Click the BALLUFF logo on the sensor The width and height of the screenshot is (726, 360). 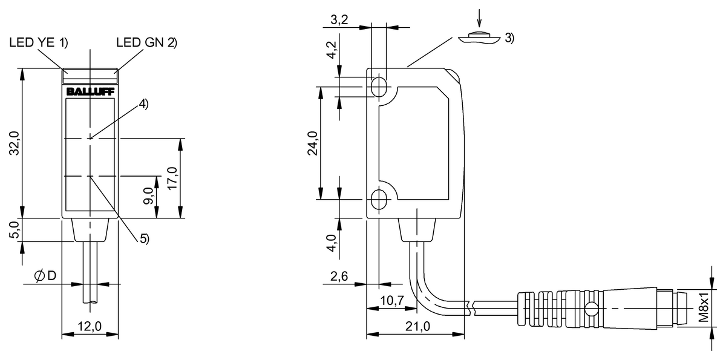pyautogui.click(x=90, y=92)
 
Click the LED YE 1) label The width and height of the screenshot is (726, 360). pyautogui.click(x=39, y=42)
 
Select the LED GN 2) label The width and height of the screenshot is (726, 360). pyautogui.click(x=147, y=42)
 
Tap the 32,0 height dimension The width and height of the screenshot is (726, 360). pyautogui.click(x=15, y=143)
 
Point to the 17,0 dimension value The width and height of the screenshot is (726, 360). pyautogui.click(x=172, y=178)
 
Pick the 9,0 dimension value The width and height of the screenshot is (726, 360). pyautogui.click(x=149, y=196)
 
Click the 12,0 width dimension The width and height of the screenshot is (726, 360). pyautogui.click(x=90, y=326)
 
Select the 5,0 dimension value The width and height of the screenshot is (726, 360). pyautogui.click(x=15, y=229)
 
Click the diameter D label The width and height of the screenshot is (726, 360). pyautogui.click(x=45, y=276)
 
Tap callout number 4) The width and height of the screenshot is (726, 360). pyautogui.click(x=143, y=104)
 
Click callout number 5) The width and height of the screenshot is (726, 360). pyautogui.click(x=145, y=239)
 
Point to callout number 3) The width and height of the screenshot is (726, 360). pyautogui.click(x=509, y=38)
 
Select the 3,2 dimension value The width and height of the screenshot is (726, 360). pyautogui.click(x=339, y=20)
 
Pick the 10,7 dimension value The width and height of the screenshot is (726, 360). pyautogui.click(x=392, y=300)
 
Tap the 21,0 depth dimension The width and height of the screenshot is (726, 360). pyautogui.click(x=418, y=326)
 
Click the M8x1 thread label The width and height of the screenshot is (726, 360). pyautogui.click(x=703, y=307)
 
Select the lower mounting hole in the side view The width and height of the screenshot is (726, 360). pyautogui.click(x=379, y=200)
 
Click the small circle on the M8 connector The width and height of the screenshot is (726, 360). pyautogui.click(x=592, y=309)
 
